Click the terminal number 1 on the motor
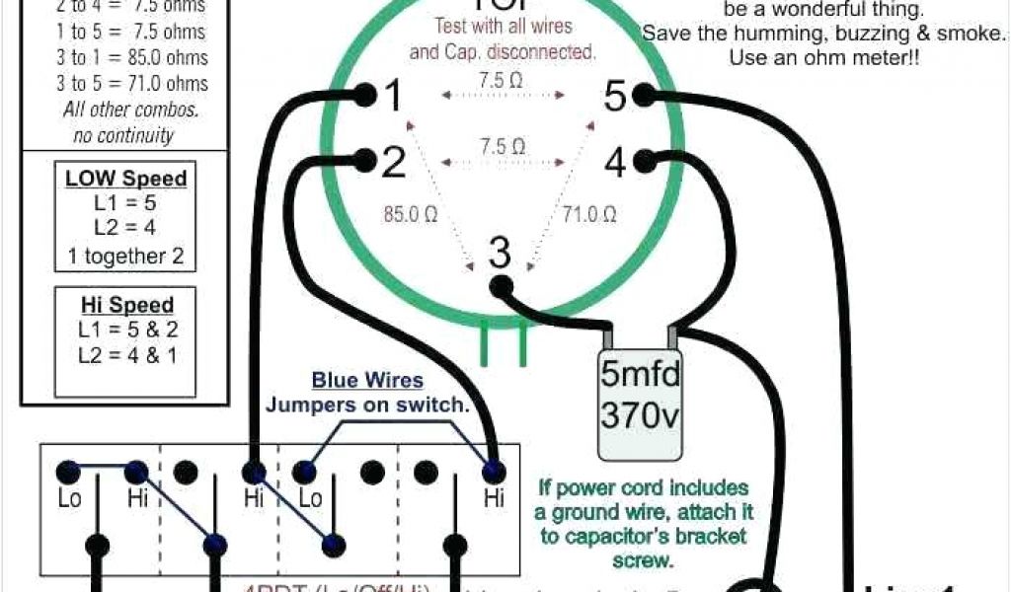pos(393,97)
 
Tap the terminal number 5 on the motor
pos(616,97)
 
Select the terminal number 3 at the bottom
pos(501,254)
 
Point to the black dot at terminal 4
pos(646,158)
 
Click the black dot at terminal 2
pos(364,158)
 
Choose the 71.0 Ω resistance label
pos(589,213)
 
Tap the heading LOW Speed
pos(125,179)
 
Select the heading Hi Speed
pos(126,305)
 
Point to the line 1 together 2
pos(125,257)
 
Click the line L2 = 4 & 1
pos(126,356)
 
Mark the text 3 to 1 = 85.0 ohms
pos(132,57)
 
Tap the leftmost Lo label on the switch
pos(69,499)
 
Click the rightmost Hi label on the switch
pos(494,499)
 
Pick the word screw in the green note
pos(641,560)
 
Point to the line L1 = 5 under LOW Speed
pos(125,204)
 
